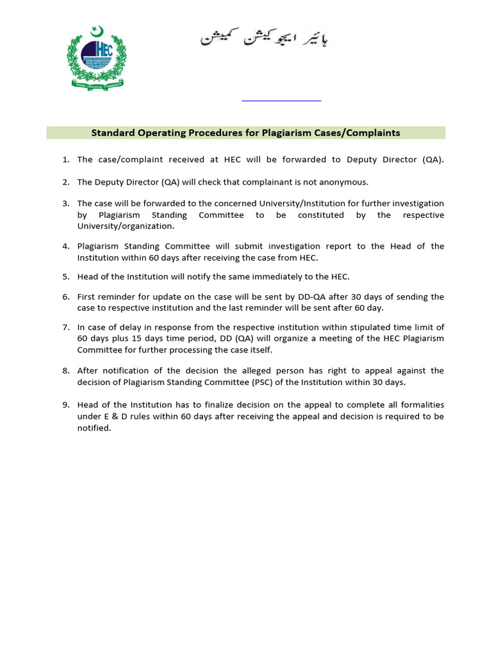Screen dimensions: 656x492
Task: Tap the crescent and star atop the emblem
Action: (x=97, y=30)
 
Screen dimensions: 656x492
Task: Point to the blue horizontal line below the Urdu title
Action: (x=281, y=101)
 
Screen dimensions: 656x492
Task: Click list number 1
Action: (x=65, y=160)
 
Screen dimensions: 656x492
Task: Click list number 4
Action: (x=65, y=247)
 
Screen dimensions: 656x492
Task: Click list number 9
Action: (x=65, y=405)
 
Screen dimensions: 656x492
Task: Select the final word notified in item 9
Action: (x=94, y=428)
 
